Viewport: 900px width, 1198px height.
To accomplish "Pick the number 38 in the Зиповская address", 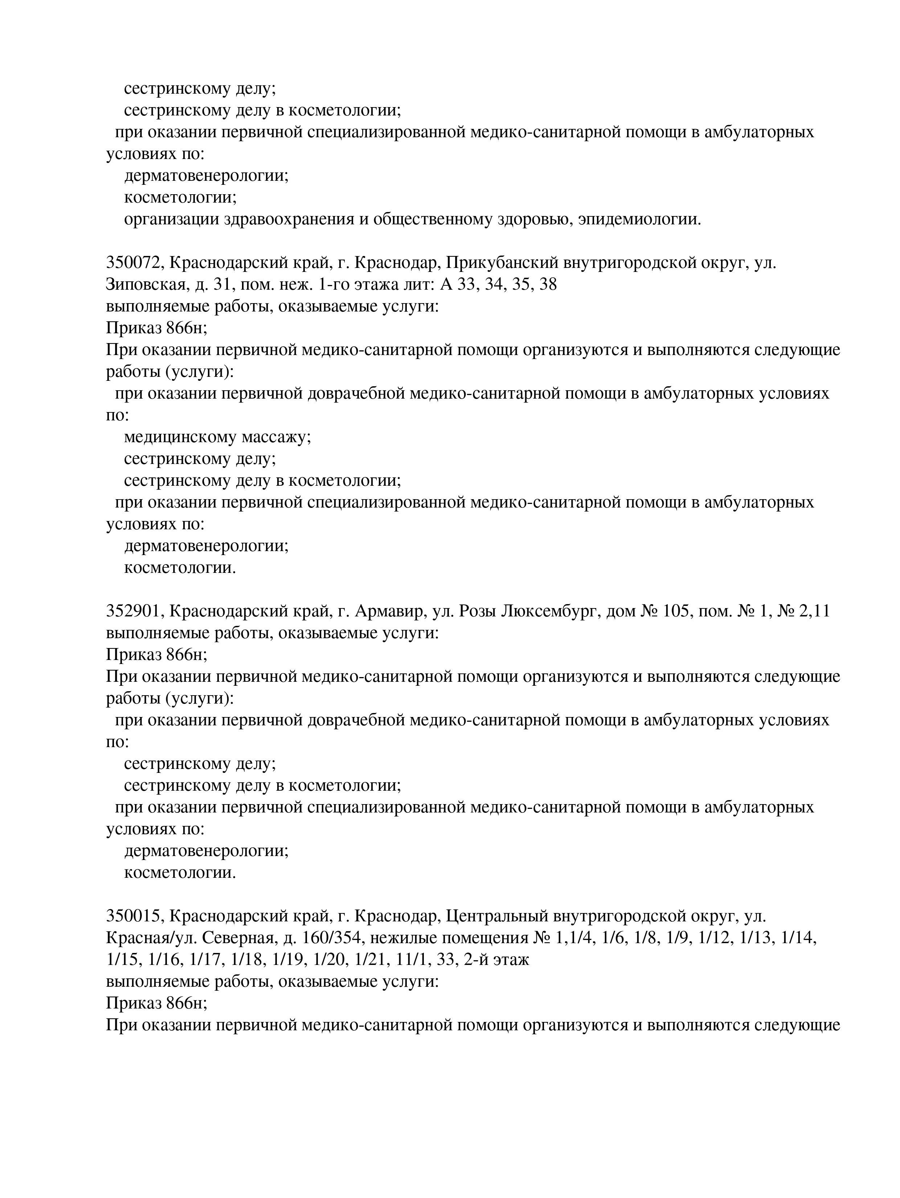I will point(548,285).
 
